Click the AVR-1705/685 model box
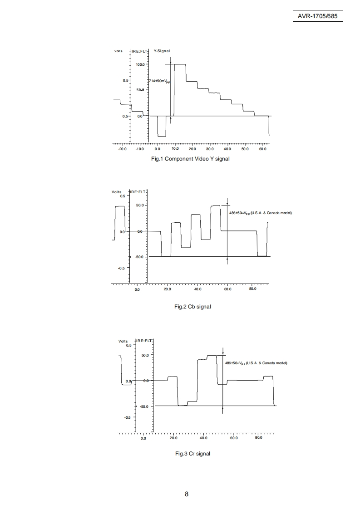[x=318, y=16]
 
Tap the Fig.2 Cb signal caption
[x=192, y=307]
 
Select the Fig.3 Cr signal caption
[x=192, y=454]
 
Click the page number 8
[x=187, y=494]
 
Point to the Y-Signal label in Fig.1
[x=162, y=51]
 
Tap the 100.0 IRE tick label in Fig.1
[x=140, y=64]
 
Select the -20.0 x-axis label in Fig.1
[x=122, y=149]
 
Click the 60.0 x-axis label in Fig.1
[x=262, y=149]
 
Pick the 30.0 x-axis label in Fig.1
[x=210, y=149]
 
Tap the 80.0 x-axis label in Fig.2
[x=253, y=289]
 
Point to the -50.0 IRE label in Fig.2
[x=138, y=257]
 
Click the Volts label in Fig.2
[x=117, y=192]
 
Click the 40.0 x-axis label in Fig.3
[x=203, y=438]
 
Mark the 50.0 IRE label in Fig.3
[x=145, y=355]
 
